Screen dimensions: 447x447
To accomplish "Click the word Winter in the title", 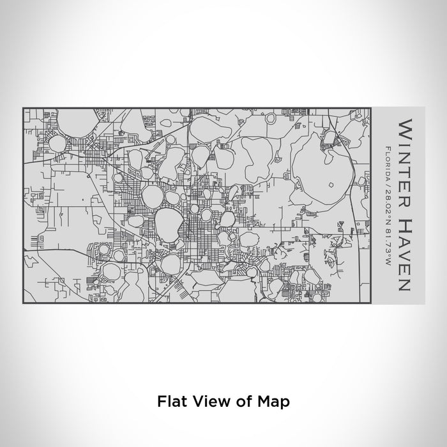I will coord(405,158).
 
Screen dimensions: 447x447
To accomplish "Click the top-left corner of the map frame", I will coord(23,108).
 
